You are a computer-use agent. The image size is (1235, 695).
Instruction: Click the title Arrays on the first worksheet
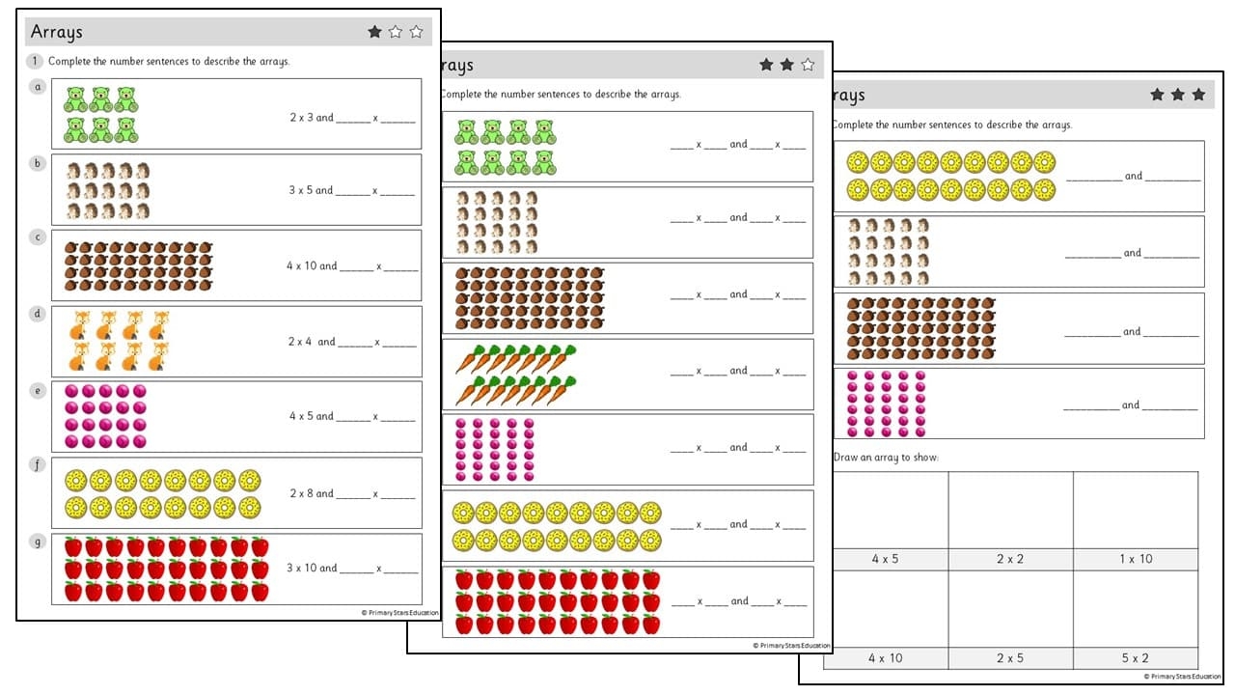pos(57,32)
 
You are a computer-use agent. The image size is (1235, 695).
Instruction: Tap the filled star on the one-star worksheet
pos(374,32)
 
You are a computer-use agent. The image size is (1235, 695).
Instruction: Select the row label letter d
pos(38,314)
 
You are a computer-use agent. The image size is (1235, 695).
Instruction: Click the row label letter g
pos(38,542)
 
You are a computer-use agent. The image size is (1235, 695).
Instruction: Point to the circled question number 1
pos(36,62)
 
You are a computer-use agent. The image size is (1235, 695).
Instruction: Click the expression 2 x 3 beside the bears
pos(302,118)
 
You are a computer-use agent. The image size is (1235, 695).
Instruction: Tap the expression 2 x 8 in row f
pos(302,493)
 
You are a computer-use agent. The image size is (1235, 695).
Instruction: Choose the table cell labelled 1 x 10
pos(1136,559)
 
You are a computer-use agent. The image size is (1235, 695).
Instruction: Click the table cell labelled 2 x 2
pos(1010,559)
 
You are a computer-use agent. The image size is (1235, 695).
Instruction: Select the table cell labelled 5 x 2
pos(1136,658)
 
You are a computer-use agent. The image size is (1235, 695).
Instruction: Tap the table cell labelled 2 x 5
pos(1010,658)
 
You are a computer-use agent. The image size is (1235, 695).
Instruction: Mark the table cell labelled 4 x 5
pos(885,559)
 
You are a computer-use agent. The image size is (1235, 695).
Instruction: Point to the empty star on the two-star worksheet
pos(808,65)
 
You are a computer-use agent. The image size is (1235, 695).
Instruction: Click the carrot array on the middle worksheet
pos(516,375)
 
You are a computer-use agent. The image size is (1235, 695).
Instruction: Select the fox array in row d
pos(120,341)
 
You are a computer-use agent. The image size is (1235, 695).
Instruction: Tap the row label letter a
pos(38,86)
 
